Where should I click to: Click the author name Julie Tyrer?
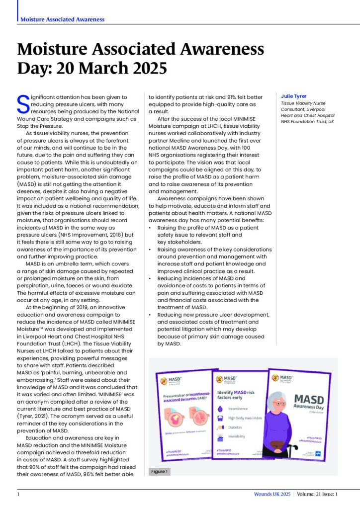pyautogui.click(x=293, y=96)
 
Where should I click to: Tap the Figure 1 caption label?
pyautogui.click(x=160, y=471)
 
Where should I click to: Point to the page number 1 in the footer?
pyautogui.click(x=18, y=494)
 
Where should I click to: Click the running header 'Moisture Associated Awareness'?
pyautogui.click(x=62, y=19)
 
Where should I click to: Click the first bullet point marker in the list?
pyautogui.click(x=151, y=228)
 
